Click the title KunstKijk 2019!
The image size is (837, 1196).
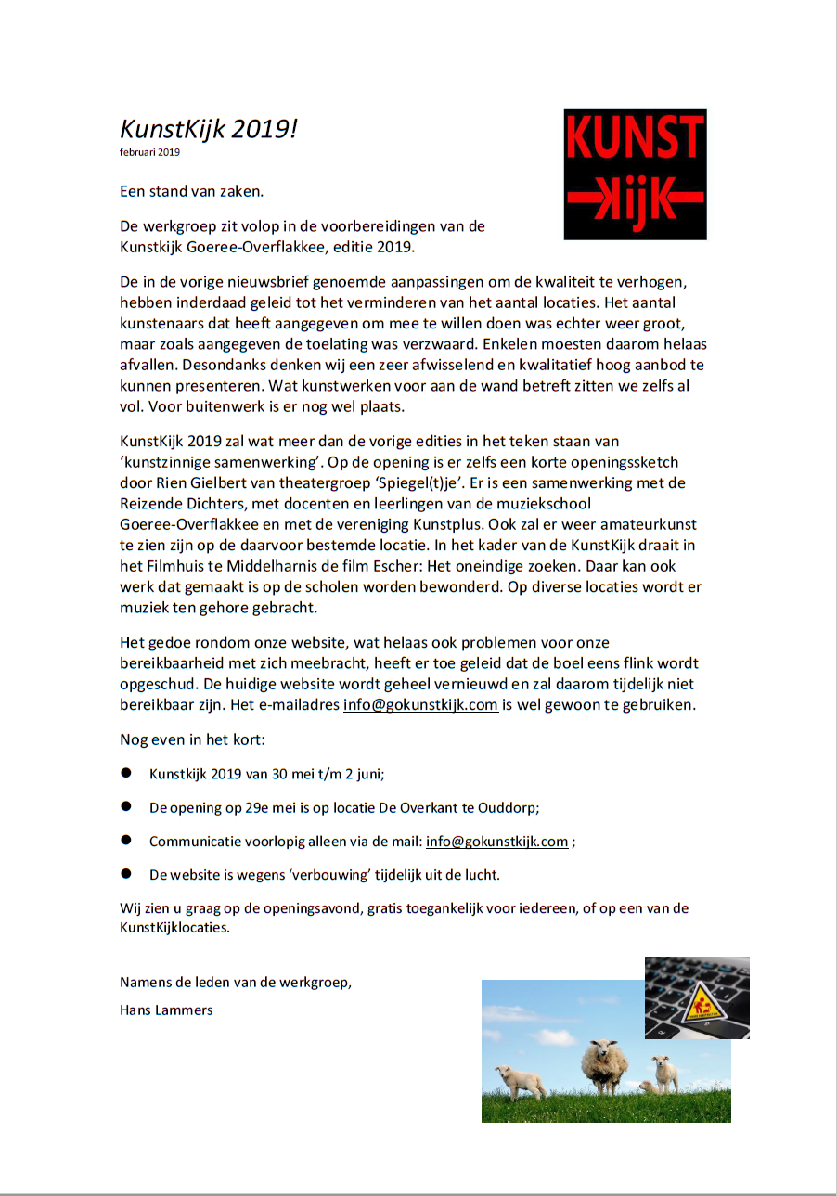[x=209, y=128]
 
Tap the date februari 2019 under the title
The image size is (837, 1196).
[x=149, y=152]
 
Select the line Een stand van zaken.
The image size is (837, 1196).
[x=192, y=192]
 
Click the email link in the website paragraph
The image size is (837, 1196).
[x=420, y=704]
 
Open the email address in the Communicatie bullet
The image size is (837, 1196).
[x=496, y=842]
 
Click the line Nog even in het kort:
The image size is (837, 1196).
[x=193, y=739]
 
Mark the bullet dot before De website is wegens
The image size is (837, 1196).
[x=126, y=874]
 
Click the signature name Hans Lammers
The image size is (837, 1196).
[x=166, y=1010]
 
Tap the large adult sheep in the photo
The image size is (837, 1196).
[x=604, y=1067]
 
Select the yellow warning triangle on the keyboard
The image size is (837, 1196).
[x=702, y=1002]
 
